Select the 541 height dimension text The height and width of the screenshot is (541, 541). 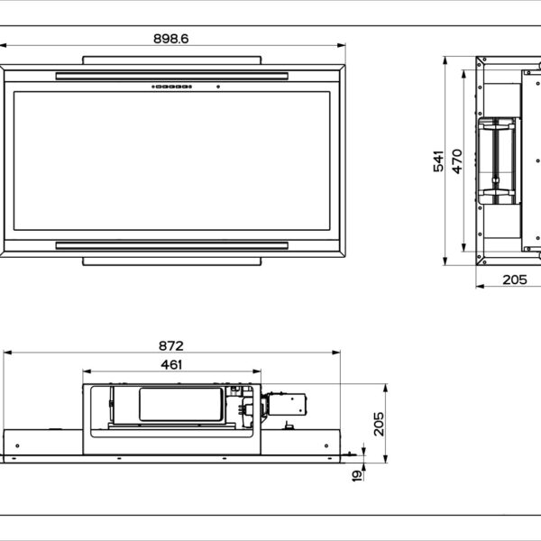[438, 161]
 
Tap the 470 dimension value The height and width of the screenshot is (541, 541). [457, 161]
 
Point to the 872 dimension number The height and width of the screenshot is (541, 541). [171, 345]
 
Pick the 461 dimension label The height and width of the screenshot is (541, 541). [171, 364]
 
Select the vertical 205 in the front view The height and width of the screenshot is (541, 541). [379, 424]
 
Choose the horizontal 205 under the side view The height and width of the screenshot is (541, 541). [514, 280]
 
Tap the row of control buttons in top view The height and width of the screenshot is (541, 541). [171, 87]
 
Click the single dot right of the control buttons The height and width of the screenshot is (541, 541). [217, 87]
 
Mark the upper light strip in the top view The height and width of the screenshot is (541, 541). [171, 76]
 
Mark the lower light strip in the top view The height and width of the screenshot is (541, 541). [171, 245]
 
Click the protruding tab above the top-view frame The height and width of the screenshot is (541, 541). [171, 60]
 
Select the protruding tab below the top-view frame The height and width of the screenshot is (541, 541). [171, 261]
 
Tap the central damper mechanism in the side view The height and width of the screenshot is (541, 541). [498, 160]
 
